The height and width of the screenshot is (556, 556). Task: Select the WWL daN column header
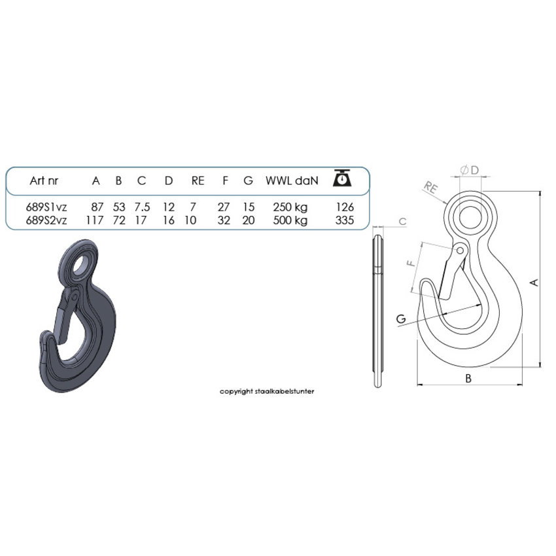(292, 181)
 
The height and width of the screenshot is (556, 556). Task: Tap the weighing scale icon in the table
(343, 178)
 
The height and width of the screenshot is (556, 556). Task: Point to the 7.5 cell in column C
(142, 207)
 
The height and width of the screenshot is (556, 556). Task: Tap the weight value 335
(344, 220)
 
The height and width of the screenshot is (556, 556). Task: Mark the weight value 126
(344, 207)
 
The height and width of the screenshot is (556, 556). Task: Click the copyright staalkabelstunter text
(268, 391)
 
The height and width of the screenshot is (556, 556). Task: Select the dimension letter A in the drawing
(534, 282)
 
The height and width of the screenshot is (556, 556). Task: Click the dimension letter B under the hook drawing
(468, 378)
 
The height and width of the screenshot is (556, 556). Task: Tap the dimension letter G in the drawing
(401, 319)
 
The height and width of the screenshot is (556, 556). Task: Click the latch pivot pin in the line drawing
(462, 251)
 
